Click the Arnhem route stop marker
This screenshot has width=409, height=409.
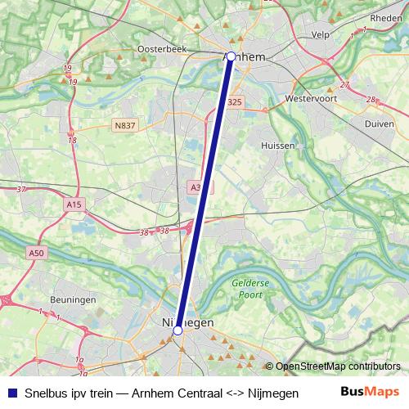231,56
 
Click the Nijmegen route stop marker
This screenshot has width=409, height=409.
178,330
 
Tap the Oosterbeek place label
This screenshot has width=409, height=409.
162,49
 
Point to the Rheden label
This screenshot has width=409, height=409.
386,17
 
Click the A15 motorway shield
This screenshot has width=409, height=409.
74,204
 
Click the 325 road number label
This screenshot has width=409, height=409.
235,101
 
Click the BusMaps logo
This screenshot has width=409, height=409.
371,391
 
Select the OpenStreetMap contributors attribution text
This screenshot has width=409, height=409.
338,366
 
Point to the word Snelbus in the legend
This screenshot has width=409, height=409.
47,392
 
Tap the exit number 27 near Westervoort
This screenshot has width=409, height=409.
344,84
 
